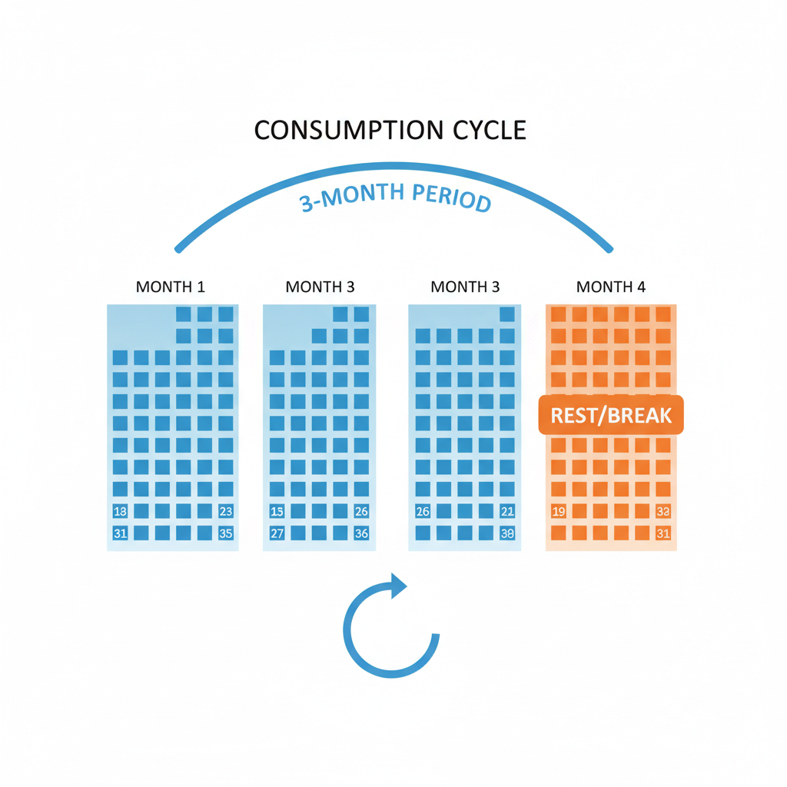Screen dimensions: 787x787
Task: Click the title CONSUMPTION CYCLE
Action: [390, 130]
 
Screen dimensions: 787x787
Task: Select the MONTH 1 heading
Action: [171, 287]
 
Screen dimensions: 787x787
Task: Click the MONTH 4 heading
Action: [611, 287]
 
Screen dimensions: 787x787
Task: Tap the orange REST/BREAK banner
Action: [610, 416]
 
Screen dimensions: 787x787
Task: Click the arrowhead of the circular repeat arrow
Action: [398, 585]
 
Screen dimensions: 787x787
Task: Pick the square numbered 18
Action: [119, 511]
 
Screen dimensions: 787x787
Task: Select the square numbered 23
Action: [225, 511]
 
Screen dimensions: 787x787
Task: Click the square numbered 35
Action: [225, 533]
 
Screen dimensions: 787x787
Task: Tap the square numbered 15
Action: [277, 511]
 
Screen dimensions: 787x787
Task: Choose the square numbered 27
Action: [277, 533]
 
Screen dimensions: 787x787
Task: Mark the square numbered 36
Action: [360, 533]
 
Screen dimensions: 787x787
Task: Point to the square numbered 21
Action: [506, 511]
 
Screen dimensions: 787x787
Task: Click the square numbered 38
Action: [506, 533]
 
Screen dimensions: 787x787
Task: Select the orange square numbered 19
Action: [559, 511]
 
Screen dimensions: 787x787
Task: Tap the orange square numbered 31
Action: [662, 533]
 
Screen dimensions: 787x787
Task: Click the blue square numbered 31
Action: [119, 533]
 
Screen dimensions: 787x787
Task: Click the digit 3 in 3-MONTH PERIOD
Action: [307, 207]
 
